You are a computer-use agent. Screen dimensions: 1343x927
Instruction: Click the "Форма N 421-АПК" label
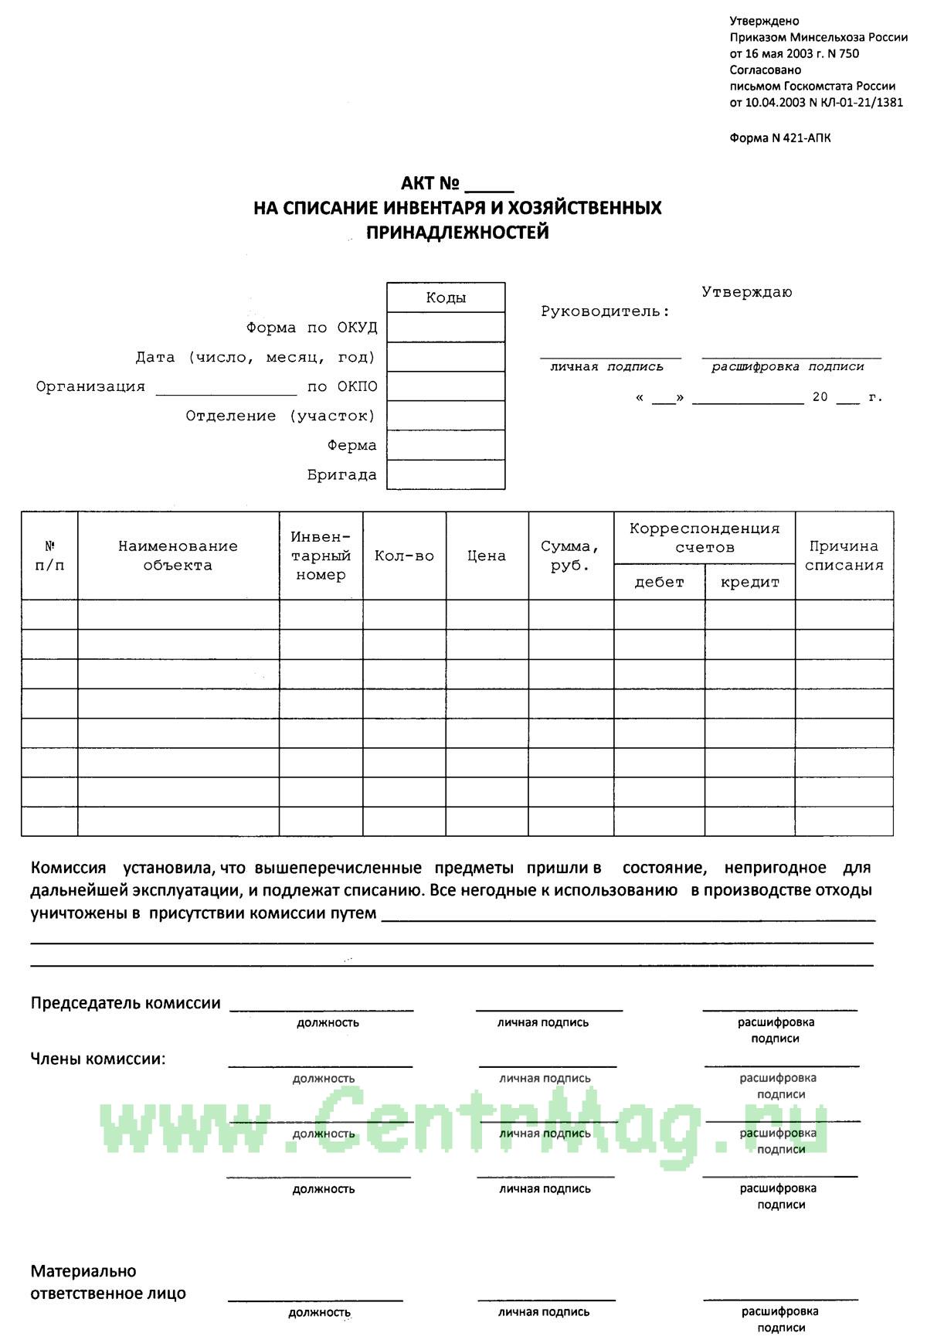780,138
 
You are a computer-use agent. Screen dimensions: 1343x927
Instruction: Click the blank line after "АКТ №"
490,185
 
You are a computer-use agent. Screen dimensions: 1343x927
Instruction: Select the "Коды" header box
446,297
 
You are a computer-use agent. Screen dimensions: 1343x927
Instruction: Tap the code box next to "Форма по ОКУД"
446,328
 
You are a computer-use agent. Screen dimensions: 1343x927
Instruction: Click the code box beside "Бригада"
446,474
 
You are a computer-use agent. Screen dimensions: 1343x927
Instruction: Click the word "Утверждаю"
746,292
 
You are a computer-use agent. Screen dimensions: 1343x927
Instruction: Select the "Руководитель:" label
605,311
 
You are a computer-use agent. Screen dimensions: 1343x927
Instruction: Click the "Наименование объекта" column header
178,556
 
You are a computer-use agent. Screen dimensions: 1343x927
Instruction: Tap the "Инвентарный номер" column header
321,556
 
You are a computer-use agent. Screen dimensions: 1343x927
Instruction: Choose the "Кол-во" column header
404,556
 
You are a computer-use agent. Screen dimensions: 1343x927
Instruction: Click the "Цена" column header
487,556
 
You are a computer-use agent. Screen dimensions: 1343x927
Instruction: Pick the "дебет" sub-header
659,582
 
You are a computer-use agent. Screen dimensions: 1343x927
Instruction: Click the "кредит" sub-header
749,582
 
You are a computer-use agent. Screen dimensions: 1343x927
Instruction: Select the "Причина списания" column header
844,556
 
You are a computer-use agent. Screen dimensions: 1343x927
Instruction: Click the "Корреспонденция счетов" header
704,538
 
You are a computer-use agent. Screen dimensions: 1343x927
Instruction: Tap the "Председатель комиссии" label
125,1003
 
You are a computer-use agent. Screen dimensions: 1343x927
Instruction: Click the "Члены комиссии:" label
98,1059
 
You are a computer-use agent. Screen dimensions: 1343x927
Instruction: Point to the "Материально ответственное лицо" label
108,1282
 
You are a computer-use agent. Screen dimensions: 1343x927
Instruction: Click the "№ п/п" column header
49,556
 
